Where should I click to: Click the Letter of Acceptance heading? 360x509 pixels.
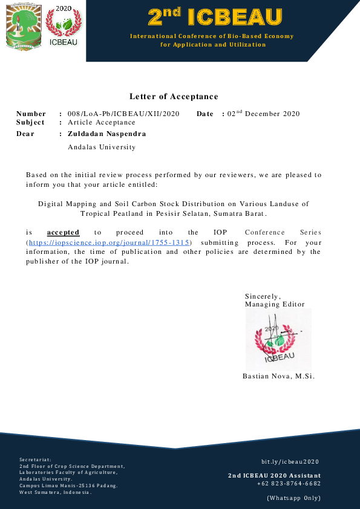pos(174,97)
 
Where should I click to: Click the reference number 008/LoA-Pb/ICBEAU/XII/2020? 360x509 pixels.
pos(123,114)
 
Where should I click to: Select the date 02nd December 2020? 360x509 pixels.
pos(263,114)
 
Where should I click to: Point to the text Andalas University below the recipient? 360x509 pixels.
pos(102,147)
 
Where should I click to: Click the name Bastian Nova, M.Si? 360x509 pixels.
pos(278,376)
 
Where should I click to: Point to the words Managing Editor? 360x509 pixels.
pos(275,304)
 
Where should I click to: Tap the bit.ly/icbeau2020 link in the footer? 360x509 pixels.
pos(290,461)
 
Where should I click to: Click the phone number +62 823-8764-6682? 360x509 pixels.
pos(289,483)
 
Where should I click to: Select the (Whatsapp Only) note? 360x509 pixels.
pos(293,498)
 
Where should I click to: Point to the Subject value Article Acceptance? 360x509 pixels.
pos(102,122)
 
